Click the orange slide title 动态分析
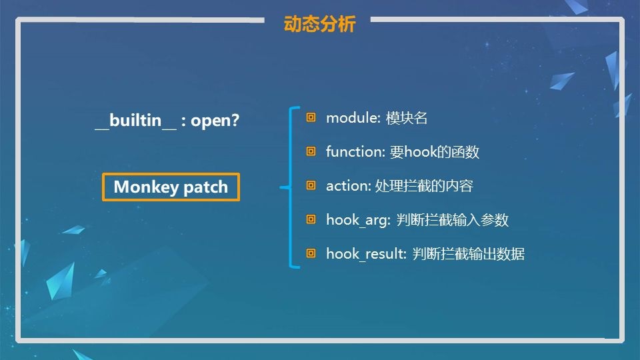(x=319, y=24)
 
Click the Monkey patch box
(x=171, y=187)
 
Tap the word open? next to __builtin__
(x=215, y=121)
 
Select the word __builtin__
(x=136, y=121)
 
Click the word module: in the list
(x=353, y=118)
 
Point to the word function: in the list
(x=355, y=152)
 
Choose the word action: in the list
(x=349, y=186)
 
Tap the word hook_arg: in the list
(x=359, y=221)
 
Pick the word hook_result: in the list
(x=366, y=254)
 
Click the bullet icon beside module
(x=311, y=117)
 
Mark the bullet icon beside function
(x=311, y=151)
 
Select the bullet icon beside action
(x=311, y=185)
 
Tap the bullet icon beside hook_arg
(x=311, y=219)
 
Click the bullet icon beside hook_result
(x=311, y=253)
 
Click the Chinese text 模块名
(x=407, y=119)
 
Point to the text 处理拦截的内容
(x=424, y=186)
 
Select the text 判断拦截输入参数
(x=453, y=220)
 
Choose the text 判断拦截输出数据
(x=468, y=254)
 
